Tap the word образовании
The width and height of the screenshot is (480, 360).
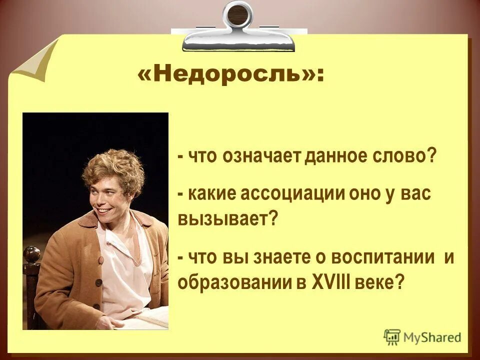(x=234, y=282)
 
